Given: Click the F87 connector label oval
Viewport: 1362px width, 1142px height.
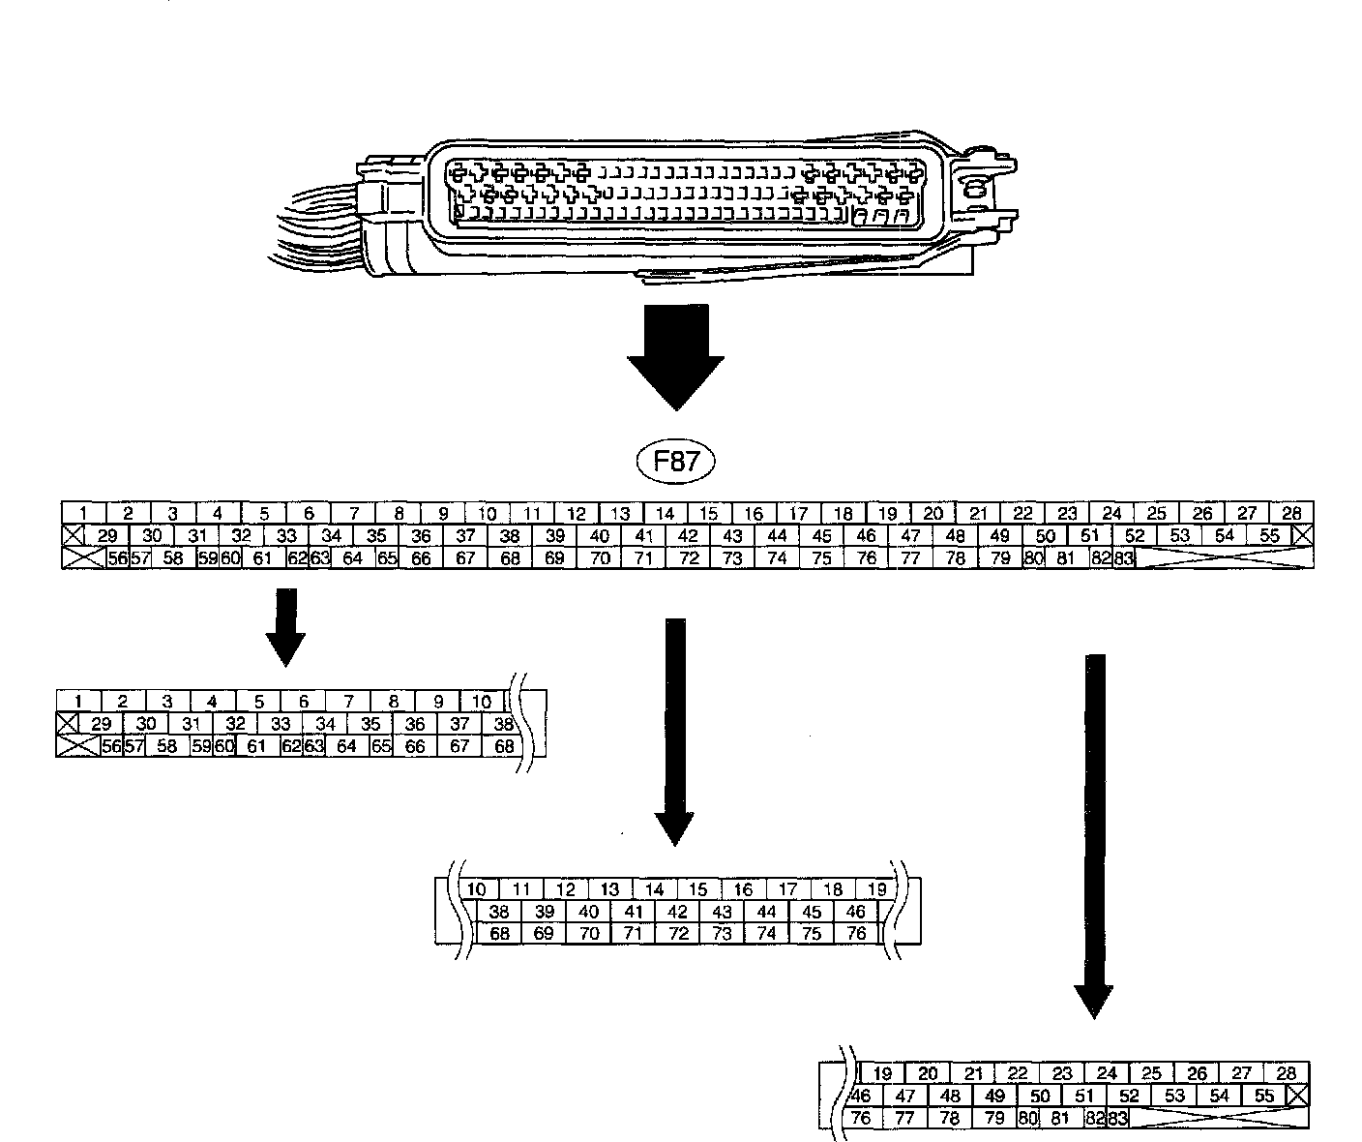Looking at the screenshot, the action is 676,462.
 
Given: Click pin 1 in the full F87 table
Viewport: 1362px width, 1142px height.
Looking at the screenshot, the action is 84,513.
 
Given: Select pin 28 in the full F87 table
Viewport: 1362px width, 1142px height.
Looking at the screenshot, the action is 1291,513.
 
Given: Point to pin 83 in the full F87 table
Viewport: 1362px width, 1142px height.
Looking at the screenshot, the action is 1124,558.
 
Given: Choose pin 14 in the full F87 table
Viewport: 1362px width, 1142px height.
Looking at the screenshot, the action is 665,513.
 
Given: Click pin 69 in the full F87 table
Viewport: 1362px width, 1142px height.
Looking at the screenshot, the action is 554,558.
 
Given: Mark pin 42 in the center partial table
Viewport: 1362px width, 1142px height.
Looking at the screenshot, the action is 677,912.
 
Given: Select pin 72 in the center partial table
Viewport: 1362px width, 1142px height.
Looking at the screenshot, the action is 677,934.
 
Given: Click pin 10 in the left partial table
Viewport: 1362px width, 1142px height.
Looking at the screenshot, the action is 482,702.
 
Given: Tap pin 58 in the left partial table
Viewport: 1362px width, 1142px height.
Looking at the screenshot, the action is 166,746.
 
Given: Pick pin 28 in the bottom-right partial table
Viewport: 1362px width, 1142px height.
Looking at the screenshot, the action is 1286,1073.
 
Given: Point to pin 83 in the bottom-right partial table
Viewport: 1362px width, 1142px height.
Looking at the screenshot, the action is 1117,1119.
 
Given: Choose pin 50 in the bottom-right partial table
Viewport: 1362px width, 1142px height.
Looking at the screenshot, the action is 1040,1097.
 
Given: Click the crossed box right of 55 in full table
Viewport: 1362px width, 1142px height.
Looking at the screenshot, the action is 1304,535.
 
